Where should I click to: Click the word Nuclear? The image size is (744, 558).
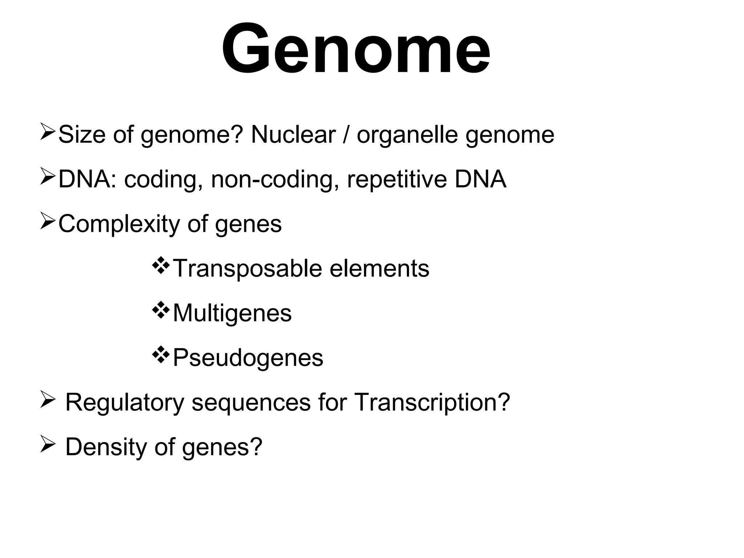coord(293,134)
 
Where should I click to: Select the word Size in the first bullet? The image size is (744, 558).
coord(82,134)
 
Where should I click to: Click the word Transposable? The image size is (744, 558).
coord(247,269)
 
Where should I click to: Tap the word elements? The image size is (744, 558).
coord(379,269)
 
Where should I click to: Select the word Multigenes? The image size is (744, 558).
coord(232,313)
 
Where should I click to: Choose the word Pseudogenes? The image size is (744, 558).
coord(248,358)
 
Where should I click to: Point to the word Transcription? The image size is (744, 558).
coord(432,403)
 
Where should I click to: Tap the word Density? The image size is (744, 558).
coord(106,447)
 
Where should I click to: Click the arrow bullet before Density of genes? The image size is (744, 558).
coord(47,444)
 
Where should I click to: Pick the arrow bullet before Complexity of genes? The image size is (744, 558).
coord(47,221)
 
